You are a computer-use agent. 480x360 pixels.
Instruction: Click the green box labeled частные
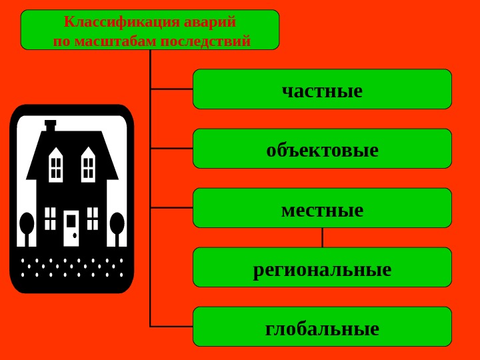[x=322, y=89]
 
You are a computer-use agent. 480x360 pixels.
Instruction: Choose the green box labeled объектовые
[x=322, y=149]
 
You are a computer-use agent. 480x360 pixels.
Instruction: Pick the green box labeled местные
[x=322, y=208]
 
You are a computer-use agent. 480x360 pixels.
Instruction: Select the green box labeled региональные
[x=322, y=267]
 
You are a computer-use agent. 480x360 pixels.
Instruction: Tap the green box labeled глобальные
[x=322, y=327]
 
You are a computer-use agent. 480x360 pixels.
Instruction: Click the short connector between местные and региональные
[x=323, y=237]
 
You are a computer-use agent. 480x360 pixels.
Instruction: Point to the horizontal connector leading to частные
[x=172, y=89]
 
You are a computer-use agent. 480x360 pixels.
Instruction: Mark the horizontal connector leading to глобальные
[x=172, y=327]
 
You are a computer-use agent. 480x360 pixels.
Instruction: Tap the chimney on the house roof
[x=50, y=125]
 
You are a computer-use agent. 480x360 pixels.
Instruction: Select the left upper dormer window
[x=56, y=167]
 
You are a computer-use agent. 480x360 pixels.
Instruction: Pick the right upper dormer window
[x=88, y=167]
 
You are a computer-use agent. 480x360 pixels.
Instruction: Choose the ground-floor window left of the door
[x=51, y=218]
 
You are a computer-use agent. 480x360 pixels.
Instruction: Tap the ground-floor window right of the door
[x=93, y=218]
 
